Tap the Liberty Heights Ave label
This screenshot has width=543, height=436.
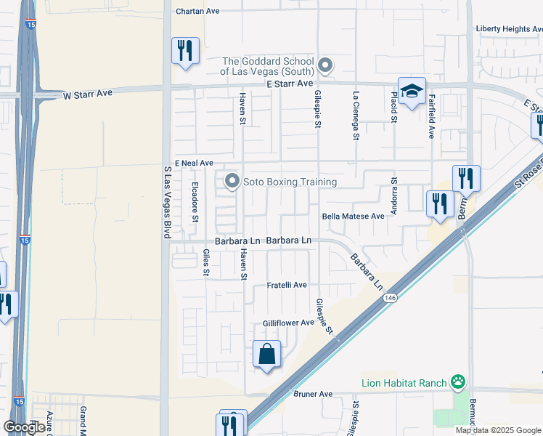[x=509, y=28]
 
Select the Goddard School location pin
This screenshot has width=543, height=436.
[x=325, y=65]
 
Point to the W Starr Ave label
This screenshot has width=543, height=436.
[x=88, y=94]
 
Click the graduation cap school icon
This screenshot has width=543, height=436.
[x=411, y=91]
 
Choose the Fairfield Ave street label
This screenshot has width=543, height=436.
[x=431, y=116]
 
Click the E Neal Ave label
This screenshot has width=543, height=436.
[x=194, y=163]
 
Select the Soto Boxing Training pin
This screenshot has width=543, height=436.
[x=232, y=181]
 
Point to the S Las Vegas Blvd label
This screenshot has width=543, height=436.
[x=166, y=201]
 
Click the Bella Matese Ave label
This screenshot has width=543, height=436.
[x=353, y=216]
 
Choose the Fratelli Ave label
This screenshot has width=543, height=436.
[x=287, y=285]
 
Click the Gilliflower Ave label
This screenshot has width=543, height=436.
[x=288, y=322]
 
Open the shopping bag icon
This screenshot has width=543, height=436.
[x=267, y=355]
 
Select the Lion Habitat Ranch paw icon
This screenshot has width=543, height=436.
[x=458, y=381]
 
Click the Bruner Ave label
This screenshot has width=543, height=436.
[x=312, y=394]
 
